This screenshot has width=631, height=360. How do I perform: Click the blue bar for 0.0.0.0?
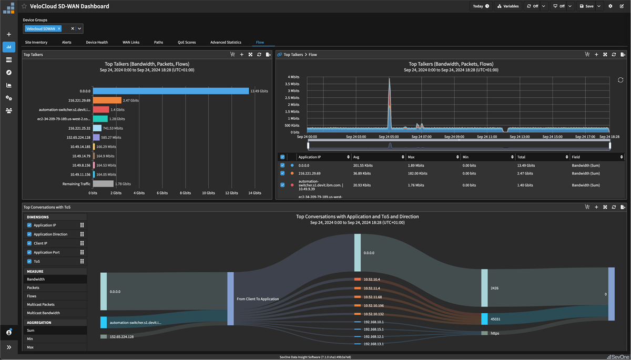point(171,91)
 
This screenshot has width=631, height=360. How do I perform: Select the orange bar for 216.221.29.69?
point(108,100)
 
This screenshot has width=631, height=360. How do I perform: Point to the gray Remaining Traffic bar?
point(103,184)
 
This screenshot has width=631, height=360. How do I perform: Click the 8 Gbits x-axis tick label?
point(185,193)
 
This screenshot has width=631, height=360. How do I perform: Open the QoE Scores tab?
point(186,42)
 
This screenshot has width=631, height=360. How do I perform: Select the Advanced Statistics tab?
point(226,42)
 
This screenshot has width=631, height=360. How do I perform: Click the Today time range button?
point(481,6)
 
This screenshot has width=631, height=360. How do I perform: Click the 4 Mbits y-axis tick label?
point(293,77)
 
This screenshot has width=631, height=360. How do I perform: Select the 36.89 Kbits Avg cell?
point(362,173)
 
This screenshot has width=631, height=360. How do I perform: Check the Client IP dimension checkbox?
point(29,243)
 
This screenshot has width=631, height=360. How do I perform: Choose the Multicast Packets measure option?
point(40,304)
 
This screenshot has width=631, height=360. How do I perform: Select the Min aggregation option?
point(30,339)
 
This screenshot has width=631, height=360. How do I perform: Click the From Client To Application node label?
point(258,299)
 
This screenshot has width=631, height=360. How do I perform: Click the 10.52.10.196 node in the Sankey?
point(373,305)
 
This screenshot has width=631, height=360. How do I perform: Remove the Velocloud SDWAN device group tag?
point(59,29)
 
